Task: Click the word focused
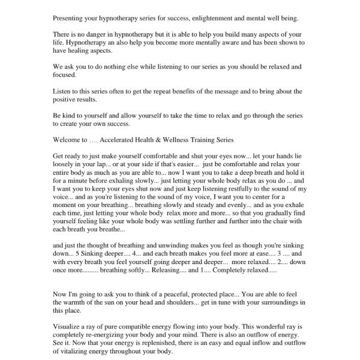pos(65,76)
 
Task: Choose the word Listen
pos(63,91)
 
